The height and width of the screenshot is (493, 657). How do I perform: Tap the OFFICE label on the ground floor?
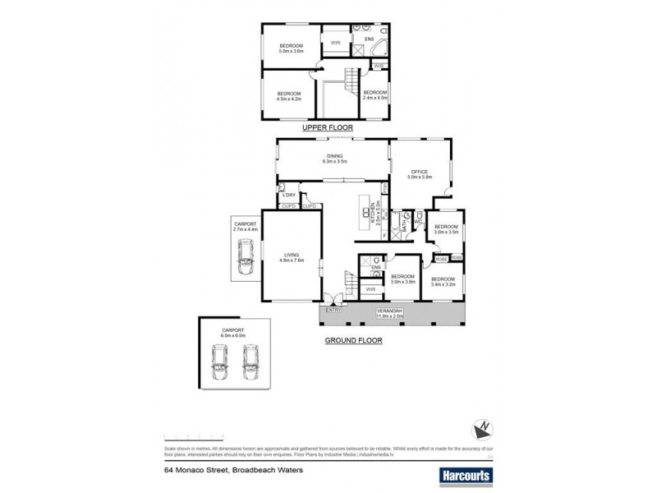coord(420,172)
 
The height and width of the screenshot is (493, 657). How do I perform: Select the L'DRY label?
coord(288,195)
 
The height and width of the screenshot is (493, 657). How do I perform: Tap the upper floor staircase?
coord(351,83)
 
